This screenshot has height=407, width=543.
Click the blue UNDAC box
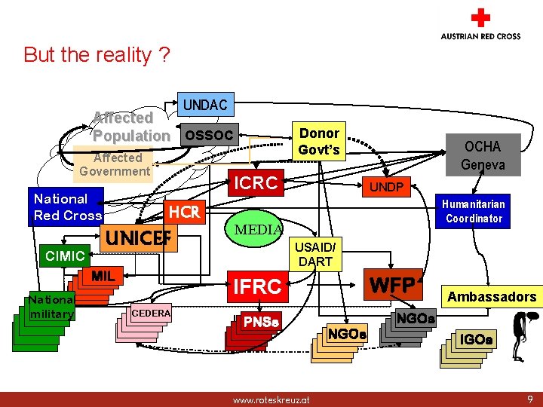pos(205,105)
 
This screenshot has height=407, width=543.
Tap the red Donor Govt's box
pos(319,141)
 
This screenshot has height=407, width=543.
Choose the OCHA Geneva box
pos(482,155)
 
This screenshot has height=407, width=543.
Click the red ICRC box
pos(256,183)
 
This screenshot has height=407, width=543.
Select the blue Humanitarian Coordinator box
pos(474,211)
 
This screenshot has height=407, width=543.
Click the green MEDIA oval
pos(258,229)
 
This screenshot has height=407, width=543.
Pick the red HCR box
pos(184,213)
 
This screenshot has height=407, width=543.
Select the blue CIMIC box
pos(65,256)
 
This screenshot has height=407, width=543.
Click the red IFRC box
pos(257,286)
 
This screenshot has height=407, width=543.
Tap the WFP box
pos(393,286)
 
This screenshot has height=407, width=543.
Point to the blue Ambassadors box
pos(492,297)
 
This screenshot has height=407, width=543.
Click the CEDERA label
pos(151,313)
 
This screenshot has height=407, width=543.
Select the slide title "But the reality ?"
pos(97,55)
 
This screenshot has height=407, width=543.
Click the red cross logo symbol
pos(480,19)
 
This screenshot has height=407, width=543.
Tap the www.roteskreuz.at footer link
pos(271,399)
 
